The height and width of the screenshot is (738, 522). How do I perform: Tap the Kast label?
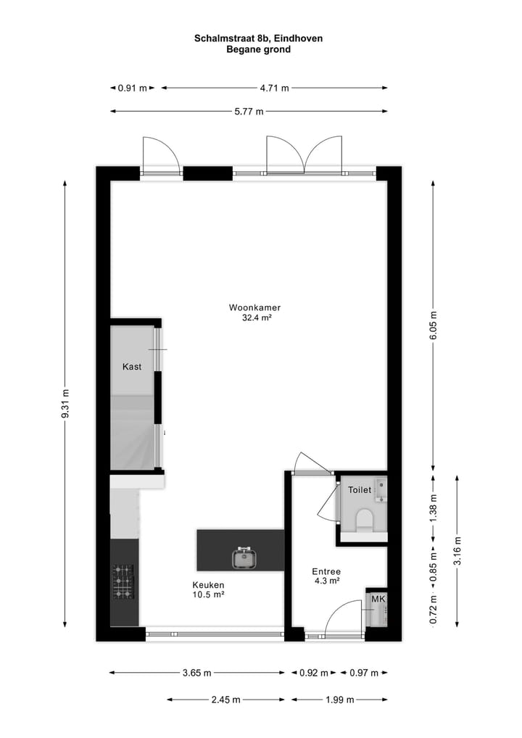point(132,367)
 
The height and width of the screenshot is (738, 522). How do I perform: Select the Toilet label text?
point(360,490)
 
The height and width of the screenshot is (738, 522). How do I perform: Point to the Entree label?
point(326,571)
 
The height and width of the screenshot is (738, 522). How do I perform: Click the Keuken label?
point(208,585)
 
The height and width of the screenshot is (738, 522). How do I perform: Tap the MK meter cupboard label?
point(378,600)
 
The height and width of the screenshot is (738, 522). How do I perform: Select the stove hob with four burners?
point(123,581)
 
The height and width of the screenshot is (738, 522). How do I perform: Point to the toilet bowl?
point(365,519)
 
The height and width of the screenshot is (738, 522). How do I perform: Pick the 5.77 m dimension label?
point(249,111)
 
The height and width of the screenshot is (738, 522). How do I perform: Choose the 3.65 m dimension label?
point(196,673)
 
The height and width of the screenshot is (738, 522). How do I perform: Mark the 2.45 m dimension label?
point(225,700)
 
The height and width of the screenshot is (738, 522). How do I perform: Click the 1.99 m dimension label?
point(339,700)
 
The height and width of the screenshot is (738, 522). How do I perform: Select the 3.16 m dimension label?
point(457,550)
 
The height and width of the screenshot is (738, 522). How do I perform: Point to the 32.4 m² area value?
point(257,318)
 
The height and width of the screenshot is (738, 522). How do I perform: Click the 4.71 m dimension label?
point(275,88)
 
